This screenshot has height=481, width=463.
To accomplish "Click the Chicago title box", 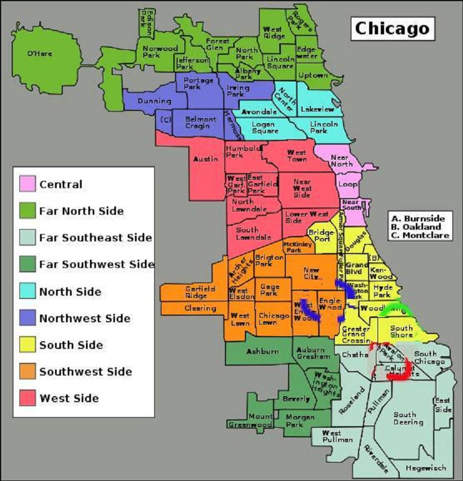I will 392,28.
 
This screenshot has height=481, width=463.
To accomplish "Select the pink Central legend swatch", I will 28,184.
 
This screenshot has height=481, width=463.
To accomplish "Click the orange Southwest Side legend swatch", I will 28,372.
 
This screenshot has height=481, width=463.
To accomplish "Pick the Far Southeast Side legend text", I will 95,238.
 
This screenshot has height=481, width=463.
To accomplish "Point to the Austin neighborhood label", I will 205,159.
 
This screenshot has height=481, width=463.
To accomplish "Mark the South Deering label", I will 409,418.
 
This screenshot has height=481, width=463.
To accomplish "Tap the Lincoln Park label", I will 324,127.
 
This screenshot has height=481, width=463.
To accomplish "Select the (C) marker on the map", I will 165,119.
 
